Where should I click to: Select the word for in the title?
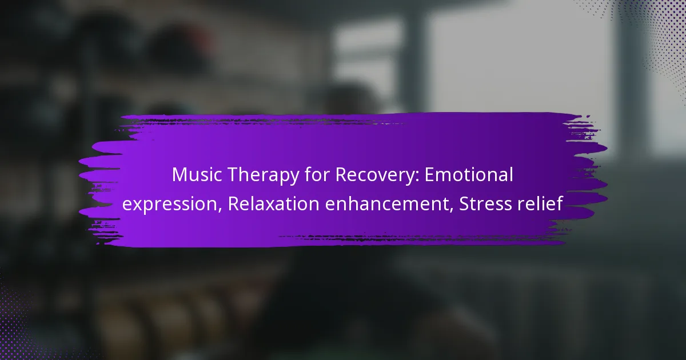pos(317,174)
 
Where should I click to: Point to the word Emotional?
pos(469,174)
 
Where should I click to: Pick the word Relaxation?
pos(273,203)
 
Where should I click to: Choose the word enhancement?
pos(387,203)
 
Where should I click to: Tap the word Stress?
pos(485,203)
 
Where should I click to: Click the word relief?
pos(540,203)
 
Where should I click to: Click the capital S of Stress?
pos(464,204)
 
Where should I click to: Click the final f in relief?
pos(559,203)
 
